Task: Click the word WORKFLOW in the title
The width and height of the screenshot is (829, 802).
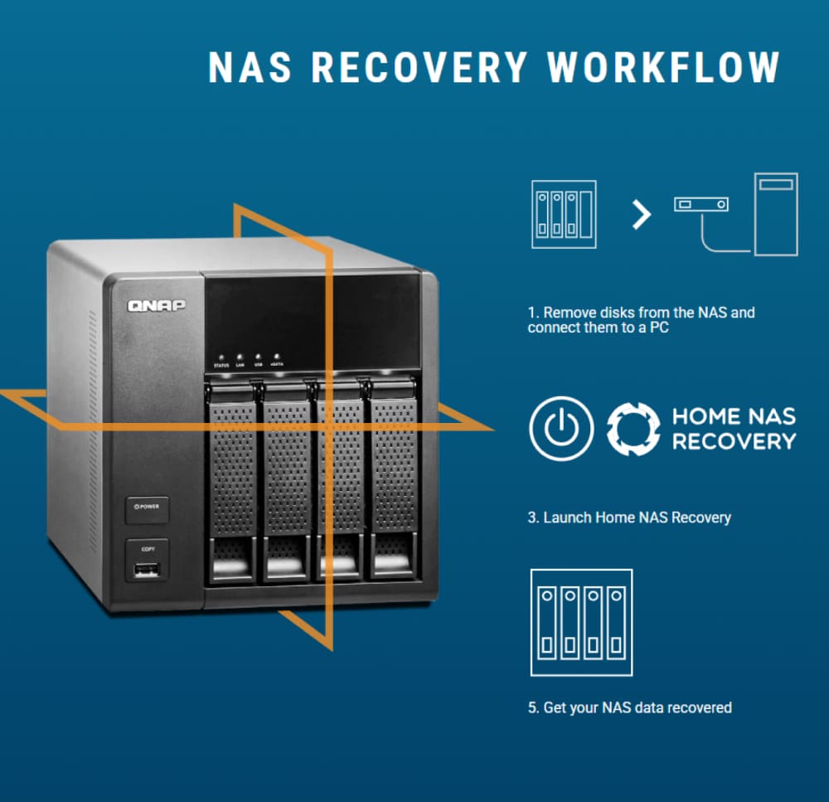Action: pos(664,67)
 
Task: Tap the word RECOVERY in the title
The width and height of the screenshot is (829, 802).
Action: pos(419,67)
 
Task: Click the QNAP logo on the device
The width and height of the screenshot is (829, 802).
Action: pos(157,305)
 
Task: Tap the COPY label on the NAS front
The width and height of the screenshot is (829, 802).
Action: pos(147,548)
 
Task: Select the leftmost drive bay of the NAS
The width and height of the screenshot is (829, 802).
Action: pos(233,481)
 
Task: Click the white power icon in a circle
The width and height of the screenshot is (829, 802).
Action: pos(561,428)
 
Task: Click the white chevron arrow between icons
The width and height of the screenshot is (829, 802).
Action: pos(641,215)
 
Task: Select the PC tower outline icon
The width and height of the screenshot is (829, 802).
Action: pos(775,213)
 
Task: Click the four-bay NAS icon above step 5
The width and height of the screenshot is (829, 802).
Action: pos(580,622)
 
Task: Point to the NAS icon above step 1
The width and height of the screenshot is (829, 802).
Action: pos(563,213)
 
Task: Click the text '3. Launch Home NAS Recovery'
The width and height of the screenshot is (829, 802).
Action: pos(629,518)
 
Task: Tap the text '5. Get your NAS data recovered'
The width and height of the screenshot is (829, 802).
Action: pos(629,707)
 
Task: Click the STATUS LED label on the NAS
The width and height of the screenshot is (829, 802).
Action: pos(221,365)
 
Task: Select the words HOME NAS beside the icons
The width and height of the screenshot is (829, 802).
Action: pos(733,416)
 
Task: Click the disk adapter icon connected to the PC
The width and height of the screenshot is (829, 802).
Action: pos(701,203)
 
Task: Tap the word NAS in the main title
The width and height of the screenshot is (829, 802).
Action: pos(250,67)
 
